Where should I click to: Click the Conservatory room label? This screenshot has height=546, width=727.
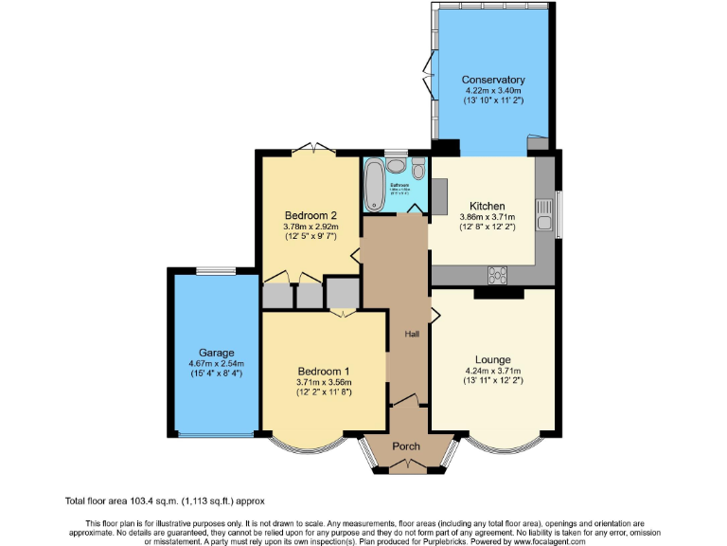493,80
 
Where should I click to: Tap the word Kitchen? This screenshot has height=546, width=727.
488,206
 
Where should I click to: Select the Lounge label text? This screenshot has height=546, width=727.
493,359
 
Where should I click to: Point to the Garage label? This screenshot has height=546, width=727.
216,352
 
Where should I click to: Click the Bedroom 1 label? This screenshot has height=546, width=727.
323,371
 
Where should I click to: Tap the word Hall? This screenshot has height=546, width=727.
412,334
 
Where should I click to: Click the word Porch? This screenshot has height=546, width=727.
406,446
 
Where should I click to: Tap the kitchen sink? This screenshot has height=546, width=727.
544,215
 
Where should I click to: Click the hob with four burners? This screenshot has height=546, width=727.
497,275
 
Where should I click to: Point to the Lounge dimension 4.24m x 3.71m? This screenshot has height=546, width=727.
493,371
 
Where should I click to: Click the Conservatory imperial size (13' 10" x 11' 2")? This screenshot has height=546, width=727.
493,100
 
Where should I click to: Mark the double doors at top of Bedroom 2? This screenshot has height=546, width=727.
313,148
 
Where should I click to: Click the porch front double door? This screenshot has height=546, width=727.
407,464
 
